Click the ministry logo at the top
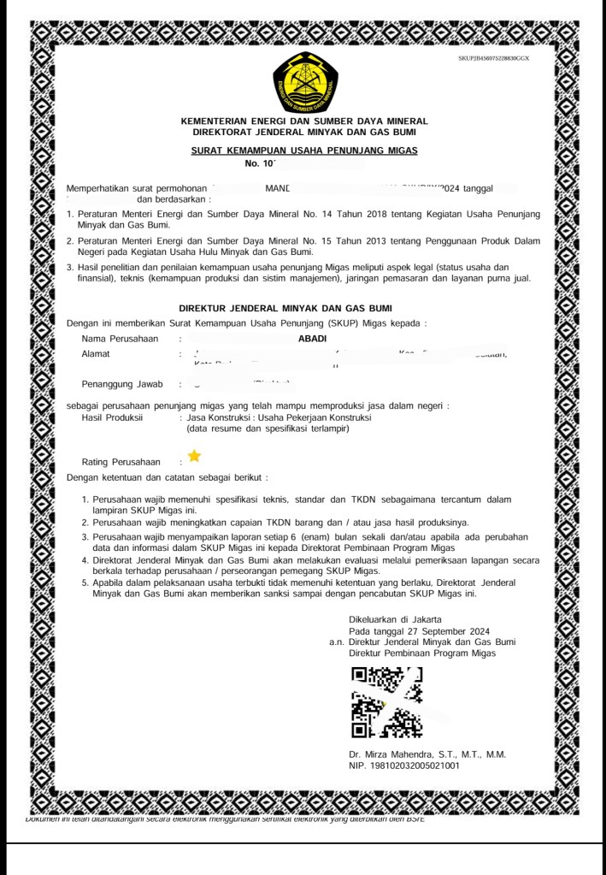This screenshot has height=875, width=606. (305, 84)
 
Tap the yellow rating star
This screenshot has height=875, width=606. (194, 455)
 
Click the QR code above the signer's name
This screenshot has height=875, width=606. (386, 702)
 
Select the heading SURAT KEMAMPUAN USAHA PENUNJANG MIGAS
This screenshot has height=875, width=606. (304, 151)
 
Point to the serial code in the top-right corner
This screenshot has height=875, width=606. (494, 57)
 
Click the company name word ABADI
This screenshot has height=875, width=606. (306, 339)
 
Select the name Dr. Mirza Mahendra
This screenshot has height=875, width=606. (397, 754)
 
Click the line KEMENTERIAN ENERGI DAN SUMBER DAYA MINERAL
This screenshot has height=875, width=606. (304, 121)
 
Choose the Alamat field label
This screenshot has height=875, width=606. (95, 353)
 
